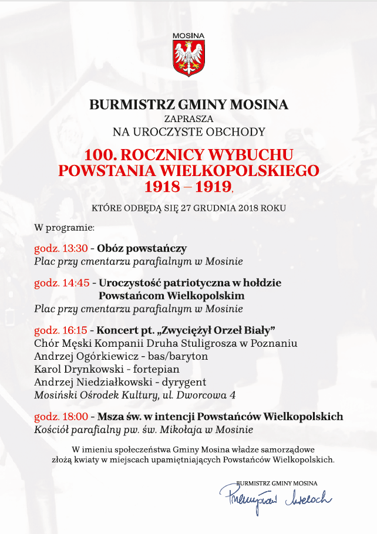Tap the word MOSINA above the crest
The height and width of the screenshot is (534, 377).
[x=188, y=36]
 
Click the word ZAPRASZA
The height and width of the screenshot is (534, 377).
[x=188, y=119]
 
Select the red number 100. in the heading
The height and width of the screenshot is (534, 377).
[x=102, y=155]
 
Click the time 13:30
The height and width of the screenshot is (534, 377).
[x=75, y=248]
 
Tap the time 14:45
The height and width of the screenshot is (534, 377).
[x=76, y=283]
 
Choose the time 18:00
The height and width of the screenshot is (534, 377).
[x=75, y=417]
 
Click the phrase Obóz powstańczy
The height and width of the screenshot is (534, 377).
[x=142, y=248]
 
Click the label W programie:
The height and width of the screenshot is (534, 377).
[x=60, y=227]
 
